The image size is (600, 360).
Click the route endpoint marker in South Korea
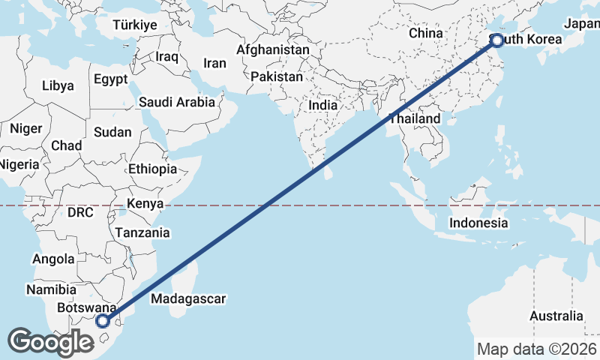click(x=496, y=41)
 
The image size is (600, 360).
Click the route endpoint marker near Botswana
click(x=103, y=321)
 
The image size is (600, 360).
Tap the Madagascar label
click(x=188, y=299)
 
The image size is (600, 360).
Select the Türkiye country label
click(x=135, y=25)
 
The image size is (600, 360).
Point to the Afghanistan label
click(x=272, y=49)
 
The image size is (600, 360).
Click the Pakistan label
click(x=277, y=76)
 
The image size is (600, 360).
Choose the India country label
click(x=323, y=106)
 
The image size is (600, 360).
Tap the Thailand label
click(x=415, y=119)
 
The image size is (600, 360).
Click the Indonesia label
click(x=478, y=223)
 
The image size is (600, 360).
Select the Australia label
click(x=556, y=316)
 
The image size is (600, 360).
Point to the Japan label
click(x=582, y=24)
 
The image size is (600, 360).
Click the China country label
click(x=426, y=33)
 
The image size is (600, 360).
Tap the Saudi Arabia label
click(x=177, y=101)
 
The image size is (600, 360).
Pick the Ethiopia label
click(x=152, y=169)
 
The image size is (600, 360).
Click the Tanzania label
click(x=142, y=232)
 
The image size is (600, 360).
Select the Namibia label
click(x=51, y=289)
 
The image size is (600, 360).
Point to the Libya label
click(x=58, y=85)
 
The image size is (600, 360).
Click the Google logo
click(x=50, y=342)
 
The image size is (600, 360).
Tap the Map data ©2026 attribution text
click(x=537, y=349)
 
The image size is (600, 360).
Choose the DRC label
click(x=80, y=212)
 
